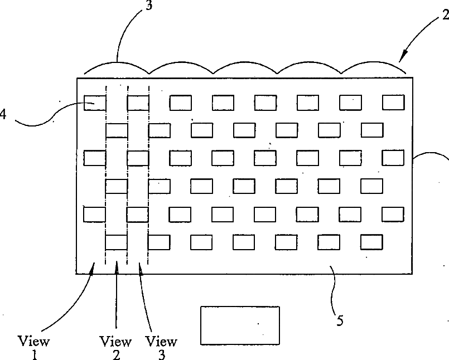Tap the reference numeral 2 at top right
pos(445,15)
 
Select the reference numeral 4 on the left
pos(3,114)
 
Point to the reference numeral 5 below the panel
pos(339,320)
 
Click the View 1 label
pos(33,346)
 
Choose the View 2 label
pos(115,346)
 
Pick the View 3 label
pos(161,346)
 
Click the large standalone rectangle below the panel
pos(240,325)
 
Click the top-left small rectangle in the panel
pos(95,103)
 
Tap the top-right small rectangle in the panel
pos(393,103)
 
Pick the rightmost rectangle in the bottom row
pos(371,242)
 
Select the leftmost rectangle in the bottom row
pos(117,242)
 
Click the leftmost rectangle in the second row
pos(117,130)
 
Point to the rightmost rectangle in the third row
pos(393,158)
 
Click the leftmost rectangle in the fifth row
pos(95,214)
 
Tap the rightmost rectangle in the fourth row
pos(371,186)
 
